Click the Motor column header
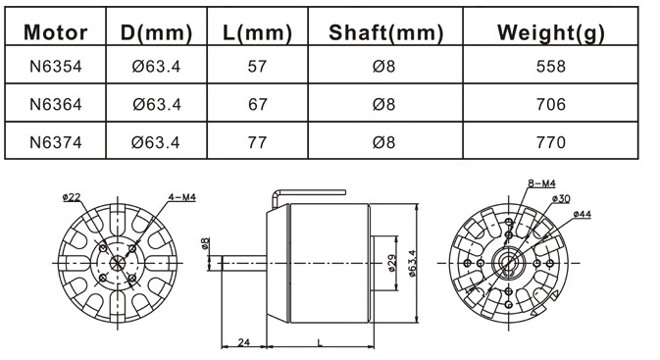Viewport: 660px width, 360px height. [56, 32]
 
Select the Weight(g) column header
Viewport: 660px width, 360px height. [550, 32]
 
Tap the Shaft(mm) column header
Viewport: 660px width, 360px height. [385, 32]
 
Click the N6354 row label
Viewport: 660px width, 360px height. [56, 66]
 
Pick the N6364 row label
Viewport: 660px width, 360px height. [56, 104]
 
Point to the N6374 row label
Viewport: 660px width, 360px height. [56, 142]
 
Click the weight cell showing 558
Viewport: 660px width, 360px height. [550, 66]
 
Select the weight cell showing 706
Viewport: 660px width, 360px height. [550, 104]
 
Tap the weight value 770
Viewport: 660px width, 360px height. [550, 142]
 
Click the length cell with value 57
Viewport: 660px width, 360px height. [257, 66]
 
